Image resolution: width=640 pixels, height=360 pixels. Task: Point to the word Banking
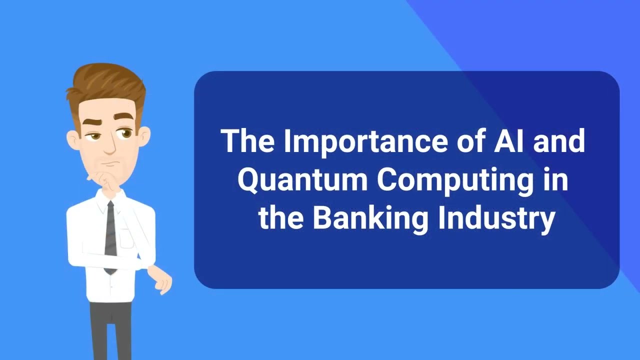coord(370,218)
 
